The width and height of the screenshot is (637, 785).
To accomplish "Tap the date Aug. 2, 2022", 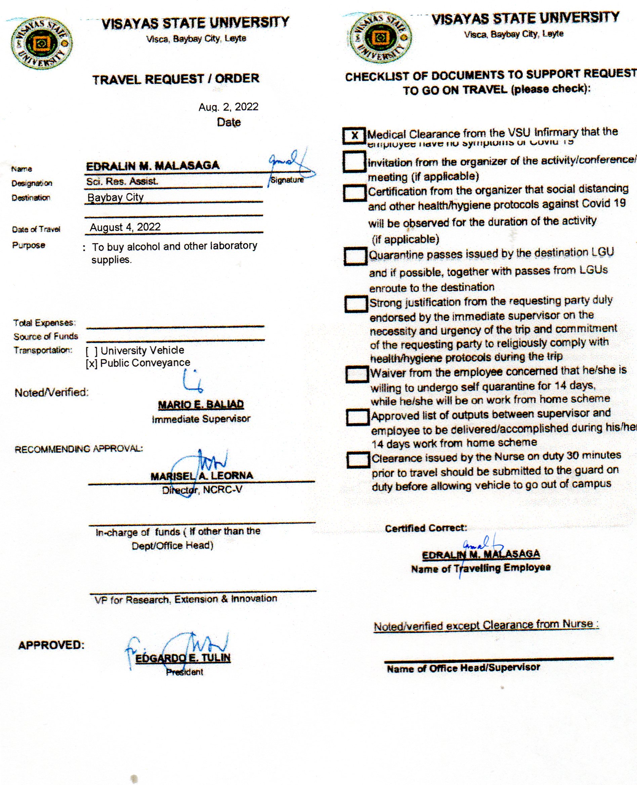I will [x=228, y=107].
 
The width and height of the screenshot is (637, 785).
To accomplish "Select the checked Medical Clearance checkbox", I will [x=354, y=136].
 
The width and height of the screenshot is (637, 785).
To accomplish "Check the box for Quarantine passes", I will [x=355, y=256].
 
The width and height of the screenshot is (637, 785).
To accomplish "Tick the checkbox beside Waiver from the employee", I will [x=357, y=374].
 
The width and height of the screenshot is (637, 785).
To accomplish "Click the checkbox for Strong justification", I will [x=356, y=304].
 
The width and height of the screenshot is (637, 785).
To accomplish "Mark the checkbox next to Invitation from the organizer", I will [x=354, y=162].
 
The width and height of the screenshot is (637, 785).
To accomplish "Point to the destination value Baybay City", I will [x=116, y=197].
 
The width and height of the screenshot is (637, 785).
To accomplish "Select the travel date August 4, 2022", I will [x=125, y=227].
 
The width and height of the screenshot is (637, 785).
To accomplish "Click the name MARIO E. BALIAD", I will [x=201, y=404].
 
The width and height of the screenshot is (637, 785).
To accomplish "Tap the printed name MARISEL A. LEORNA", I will [x=202, y=476].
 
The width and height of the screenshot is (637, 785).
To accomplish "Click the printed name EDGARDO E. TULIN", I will [x=183, y=658].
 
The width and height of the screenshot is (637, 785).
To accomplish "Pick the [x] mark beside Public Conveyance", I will [x=91, y=364].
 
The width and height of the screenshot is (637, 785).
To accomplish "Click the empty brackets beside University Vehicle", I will [x=91, y=351].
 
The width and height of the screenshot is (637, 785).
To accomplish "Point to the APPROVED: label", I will [x=51, y=645].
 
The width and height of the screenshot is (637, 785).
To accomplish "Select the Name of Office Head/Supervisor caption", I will [x=463, y=668].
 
